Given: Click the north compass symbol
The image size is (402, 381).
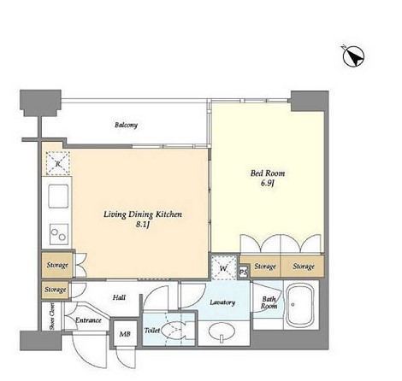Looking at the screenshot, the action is [x=353, y=56].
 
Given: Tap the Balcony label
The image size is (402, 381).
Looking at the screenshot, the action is [x=126, y=125].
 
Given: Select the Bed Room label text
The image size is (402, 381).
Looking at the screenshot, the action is [x=268, y=173].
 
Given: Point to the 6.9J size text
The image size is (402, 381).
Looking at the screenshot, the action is [x=267, y=184].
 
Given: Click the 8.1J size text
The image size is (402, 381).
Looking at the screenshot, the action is [x=143, y=225].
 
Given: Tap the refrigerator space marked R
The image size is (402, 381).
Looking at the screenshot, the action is [x=58, y=163].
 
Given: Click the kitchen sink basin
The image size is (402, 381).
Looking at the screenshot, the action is [x=58, y=196].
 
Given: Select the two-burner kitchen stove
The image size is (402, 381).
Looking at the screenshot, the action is [x=59, y=234].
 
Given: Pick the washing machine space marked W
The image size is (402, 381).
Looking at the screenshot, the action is [x=224, y=267].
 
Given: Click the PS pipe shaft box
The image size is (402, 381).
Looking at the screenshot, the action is [x=244, y=273].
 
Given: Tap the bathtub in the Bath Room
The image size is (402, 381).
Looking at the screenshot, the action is [x=300, y=305].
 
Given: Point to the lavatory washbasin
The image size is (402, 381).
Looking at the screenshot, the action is [x=222, y=331].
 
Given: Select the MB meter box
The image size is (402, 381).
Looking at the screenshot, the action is [x=125, y=333].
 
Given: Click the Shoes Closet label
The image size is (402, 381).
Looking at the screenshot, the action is [x=52, y=316].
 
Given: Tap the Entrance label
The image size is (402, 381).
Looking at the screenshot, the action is [x=88, y=320].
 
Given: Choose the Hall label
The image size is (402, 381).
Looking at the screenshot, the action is [x=119, y=297].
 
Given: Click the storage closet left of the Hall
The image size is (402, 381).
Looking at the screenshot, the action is [x=56, y=290].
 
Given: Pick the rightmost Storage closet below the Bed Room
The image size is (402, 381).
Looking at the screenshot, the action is [x=303, y=267].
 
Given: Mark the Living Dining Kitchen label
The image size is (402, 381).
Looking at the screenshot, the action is [x=143, y=214].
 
